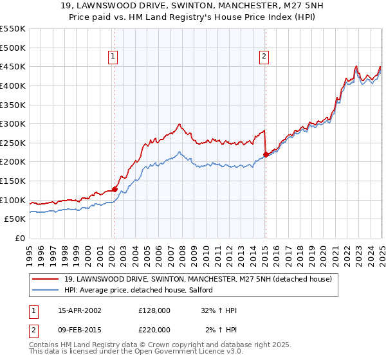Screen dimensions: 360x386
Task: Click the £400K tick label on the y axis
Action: click(13, 85)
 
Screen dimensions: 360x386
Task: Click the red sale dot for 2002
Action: click(115, 189)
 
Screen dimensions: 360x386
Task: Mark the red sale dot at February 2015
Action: click(266, 154)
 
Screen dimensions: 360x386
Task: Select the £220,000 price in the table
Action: click(154, 329)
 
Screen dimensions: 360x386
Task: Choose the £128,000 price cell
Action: click(154, 310)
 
